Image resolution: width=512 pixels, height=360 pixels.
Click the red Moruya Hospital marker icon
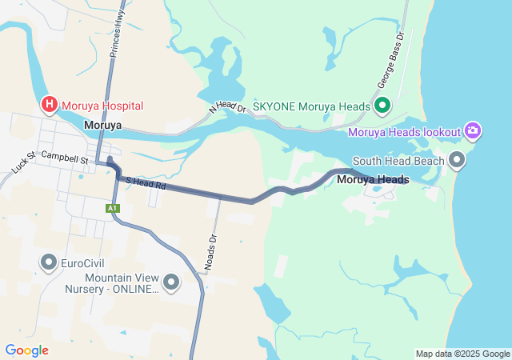point(49,105)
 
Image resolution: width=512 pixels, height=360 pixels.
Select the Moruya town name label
point(103,126)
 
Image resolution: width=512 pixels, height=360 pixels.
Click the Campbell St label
point(65,158)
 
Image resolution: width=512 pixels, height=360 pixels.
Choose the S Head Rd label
point(145,183)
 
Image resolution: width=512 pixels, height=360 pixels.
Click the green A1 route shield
point(113,208)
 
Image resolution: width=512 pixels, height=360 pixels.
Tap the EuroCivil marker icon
point(49,262)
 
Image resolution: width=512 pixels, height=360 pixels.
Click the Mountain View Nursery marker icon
point(171,282)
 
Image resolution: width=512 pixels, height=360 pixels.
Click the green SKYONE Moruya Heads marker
point(382,106)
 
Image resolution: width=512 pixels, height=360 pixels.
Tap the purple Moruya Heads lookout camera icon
point(473,130)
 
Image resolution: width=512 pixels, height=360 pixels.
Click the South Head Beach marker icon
point(458,161)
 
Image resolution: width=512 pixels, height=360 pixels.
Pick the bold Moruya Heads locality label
point(373,180)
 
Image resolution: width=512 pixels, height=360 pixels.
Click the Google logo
point(26,350)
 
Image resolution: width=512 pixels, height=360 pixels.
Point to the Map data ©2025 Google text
point(462,354)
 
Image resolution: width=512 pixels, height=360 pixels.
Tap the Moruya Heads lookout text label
point(405,131)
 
